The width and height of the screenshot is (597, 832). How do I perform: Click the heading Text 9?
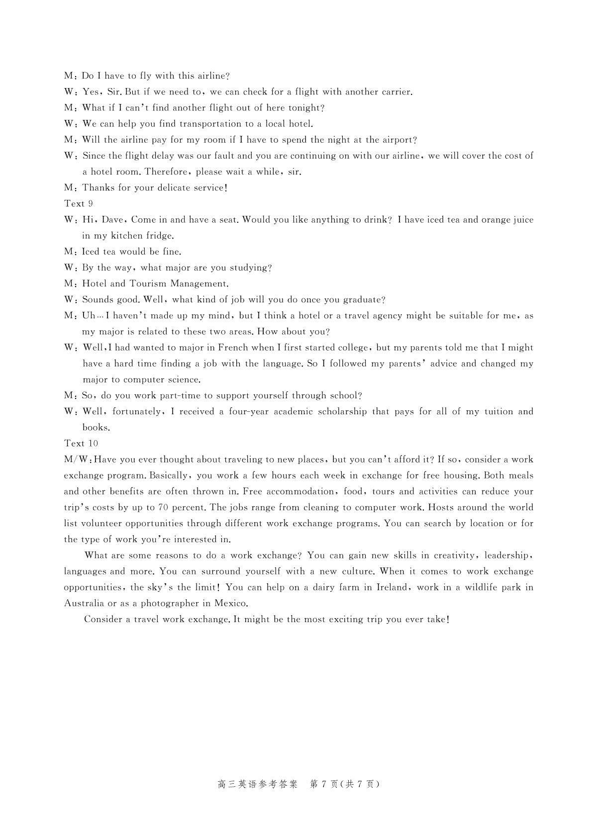[79, 203]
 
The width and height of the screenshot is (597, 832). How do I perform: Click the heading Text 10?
[81, 443]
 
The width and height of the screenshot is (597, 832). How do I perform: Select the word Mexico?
[231, 603]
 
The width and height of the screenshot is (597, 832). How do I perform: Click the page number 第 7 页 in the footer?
[324, 784]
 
